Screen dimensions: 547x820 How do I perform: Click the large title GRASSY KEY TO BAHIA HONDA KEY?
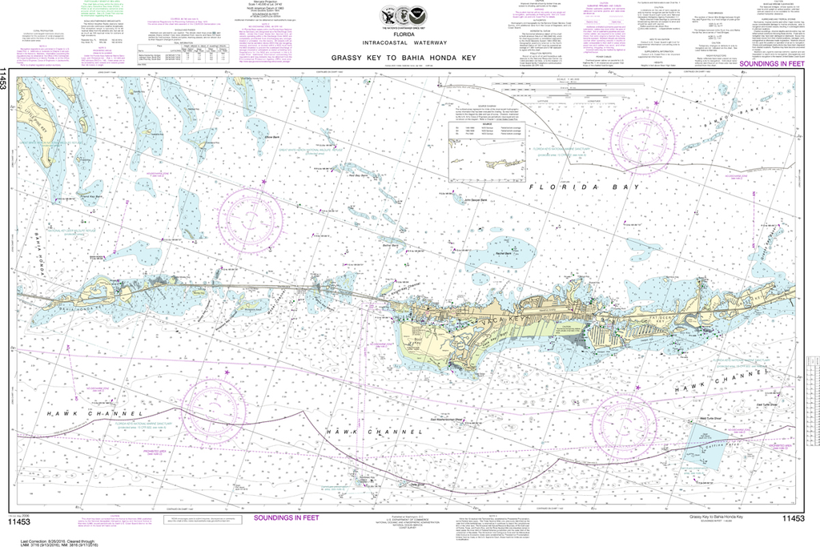(x=410, y=58)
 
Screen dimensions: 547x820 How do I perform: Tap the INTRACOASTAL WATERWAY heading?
(x=410, y=42)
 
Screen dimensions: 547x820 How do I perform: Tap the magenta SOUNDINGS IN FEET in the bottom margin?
(x=286, y=517)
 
